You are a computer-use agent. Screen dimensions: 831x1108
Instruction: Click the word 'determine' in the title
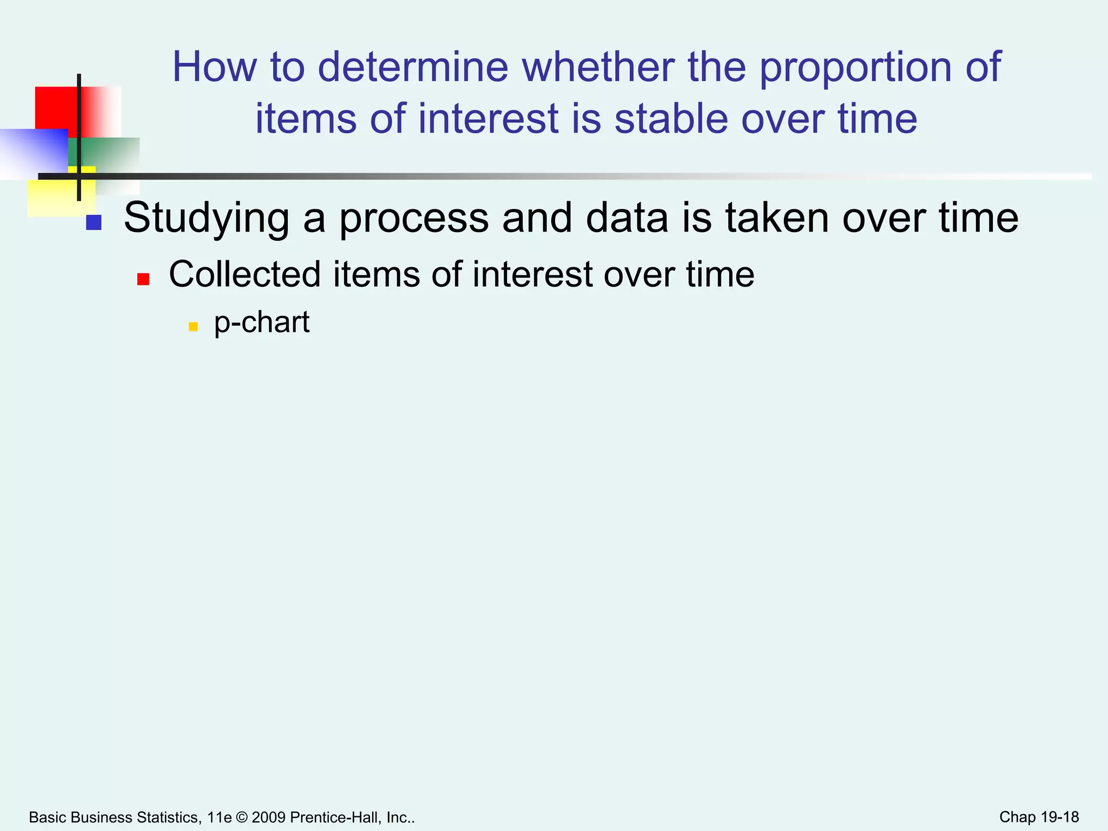[x=413, y=67]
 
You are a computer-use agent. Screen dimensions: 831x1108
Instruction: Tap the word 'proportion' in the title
[x=855, y=68]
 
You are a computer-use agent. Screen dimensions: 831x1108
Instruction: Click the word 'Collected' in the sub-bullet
[x=245, y=274]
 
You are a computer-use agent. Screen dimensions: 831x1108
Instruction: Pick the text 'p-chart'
[x=262, y=323]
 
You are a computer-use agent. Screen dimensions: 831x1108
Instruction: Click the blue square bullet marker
[x=94, y=222]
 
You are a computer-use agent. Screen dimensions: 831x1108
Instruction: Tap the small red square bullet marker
[x=143, y=279]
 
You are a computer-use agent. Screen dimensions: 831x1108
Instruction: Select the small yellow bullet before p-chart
[x=193, y=327]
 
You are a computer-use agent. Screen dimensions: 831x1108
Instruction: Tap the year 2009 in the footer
[x=268, y=817]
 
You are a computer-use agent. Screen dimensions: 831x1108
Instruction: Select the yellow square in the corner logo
[x=51, y=197]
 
